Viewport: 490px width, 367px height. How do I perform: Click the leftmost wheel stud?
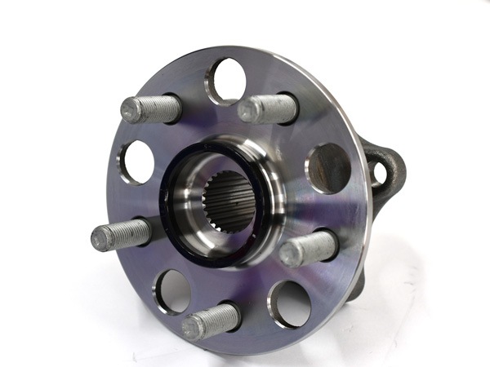tap(122, 235)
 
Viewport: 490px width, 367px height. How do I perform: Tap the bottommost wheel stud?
tap(211, 321)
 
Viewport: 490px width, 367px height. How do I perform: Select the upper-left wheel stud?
tap(152, 108)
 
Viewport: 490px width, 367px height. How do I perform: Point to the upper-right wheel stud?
tap(268, 108)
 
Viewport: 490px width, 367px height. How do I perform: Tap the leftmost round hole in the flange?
tap(138, 162)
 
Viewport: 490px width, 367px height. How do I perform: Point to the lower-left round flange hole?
tap(173, 291)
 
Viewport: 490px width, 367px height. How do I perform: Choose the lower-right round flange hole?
tap(292, 303)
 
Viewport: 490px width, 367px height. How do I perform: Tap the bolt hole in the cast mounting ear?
tap(380, 172)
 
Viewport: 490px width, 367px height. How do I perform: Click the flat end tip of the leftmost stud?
tap(102, 239)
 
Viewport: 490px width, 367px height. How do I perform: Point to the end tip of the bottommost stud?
tap(191, 327)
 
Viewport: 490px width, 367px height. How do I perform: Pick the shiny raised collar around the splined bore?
tap(261, 175)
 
